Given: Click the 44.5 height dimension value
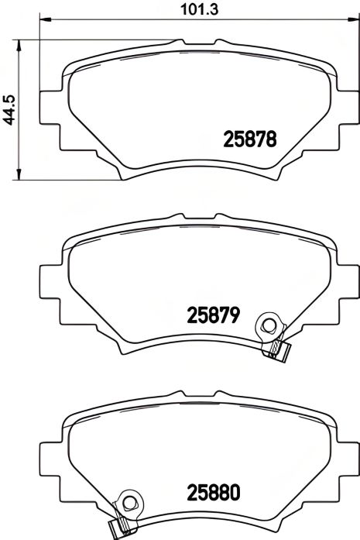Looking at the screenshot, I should (9, 108).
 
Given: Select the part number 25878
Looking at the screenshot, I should (250, 139).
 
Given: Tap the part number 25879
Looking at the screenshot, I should (215, 315).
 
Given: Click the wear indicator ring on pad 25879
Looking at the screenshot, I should (270, 326).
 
